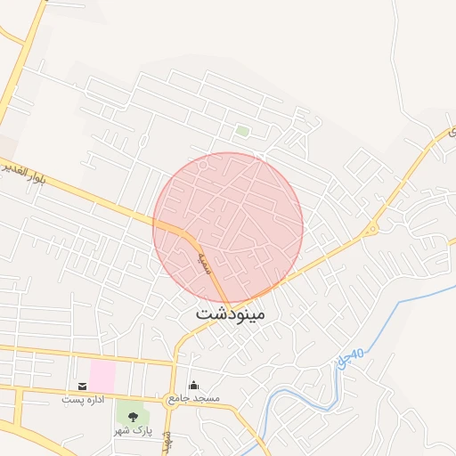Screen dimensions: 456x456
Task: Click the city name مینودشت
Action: [230, 314]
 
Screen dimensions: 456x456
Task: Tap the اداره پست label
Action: [83, 399]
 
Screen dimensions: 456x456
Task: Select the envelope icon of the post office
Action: [83, 387]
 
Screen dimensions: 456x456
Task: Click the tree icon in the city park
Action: [134, 416]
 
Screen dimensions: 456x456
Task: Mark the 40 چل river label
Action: [352, 358]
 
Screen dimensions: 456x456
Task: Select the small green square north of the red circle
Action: [242, 132]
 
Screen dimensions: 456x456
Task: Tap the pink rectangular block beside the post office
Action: [102, 375]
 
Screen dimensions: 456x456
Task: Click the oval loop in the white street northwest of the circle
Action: [143, 140]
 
